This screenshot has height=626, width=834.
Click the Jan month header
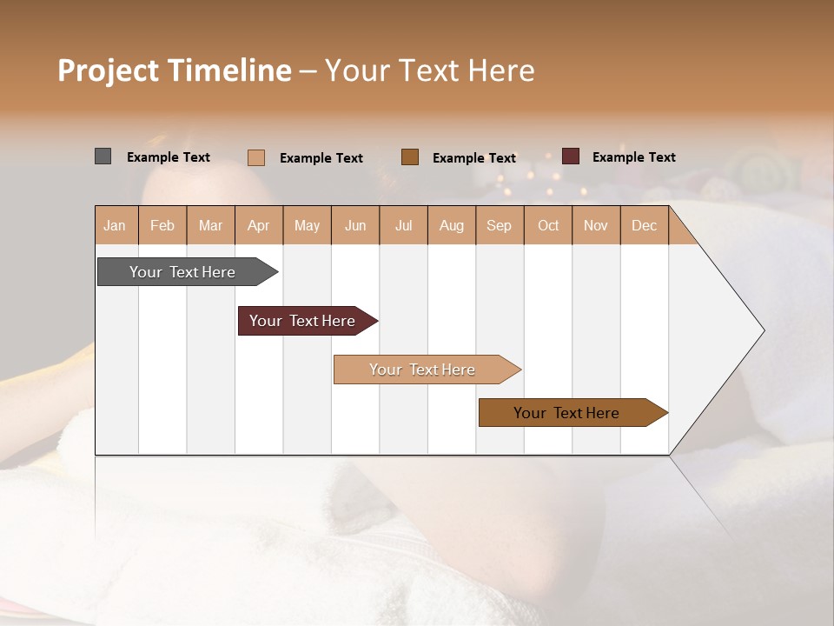[115, 225]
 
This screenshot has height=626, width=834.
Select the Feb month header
[162, 225]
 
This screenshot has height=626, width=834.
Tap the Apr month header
[258, 225]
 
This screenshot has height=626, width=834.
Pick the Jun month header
[355, 225]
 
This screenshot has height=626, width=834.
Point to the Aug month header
[451, 225]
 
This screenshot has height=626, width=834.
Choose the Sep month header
[499, 225]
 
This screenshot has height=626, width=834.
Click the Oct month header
[548, 225]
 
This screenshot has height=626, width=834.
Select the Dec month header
[644, 225]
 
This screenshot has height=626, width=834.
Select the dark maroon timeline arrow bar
[304, 321]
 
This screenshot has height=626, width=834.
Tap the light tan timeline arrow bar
[424, 370]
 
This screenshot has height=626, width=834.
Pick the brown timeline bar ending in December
[569, 413]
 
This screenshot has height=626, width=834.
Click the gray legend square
[103, 156]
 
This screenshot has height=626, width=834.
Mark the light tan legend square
[255, 157]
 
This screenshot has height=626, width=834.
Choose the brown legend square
[410, 156]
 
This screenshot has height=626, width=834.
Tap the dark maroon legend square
[570, 156]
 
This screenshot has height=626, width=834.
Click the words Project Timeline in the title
[174, 70]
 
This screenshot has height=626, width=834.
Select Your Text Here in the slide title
[429, 70]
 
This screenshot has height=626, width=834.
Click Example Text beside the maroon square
[633, 157]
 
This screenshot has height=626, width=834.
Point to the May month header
[307, 225]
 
